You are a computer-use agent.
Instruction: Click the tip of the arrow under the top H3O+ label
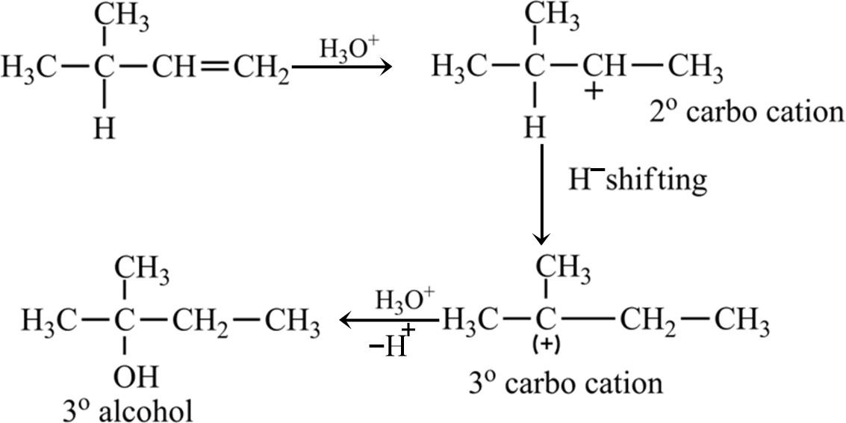392,67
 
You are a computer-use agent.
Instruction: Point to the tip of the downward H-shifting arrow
541,246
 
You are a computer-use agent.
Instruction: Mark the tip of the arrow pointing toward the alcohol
340,321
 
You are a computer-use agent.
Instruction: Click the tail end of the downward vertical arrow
541,145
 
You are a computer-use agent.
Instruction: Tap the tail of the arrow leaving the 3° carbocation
438,321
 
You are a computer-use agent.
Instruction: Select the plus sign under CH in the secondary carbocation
594,93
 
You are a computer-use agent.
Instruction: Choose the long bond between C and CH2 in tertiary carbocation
588,321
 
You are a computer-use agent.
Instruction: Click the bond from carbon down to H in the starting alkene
104,97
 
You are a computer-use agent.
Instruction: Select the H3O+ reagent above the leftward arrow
405,300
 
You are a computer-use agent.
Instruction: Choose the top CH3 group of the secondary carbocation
553,21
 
